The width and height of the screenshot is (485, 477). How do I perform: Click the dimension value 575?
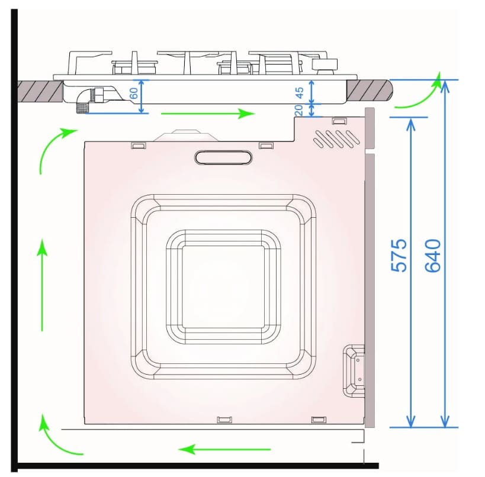pyautogui.click(x=399, y=255)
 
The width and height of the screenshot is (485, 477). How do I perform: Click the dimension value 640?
pyautogui.click(x=432, y=255)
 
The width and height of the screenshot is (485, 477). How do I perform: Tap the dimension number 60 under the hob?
pyautogui.click(x=134, y=93)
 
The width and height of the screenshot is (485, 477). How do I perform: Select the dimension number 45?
pyautogui.click(x=300, y=92)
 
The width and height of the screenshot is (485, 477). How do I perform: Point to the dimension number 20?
pyautogui.click(x=298, y=110)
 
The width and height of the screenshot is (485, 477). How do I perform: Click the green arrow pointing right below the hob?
pyautogui.click(x=208, y=114)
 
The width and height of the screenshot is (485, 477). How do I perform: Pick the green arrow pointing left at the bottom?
pyautogui.click(x=224, y=449)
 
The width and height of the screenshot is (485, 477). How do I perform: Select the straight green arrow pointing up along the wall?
pyautogui.click(x=42, y=285)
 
